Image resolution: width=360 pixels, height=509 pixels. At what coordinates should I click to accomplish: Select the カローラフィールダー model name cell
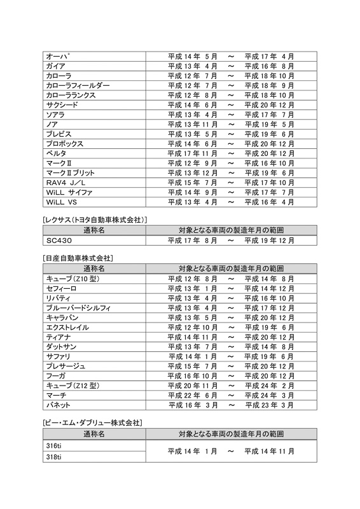pos(78,85)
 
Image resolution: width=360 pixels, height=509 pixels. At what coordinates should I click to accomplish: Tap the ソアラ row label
pos(55,115)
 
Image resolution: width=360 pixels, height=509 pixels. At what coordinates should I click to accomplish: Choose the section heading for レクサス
pos(94,220)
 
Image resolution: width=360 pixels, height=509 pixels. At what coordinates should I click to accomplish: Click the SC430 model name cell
pos(60,241)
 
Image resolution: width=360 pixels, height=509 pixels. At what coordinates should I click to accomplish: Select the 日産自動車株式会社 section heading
pos(77,259)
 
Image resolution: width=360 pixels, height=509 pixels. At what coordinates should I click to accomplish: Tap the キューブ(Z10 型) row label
pos(74,279)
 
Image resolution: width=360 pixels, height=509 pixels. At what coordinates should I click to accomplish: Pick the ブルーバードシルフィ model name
pos(78,308)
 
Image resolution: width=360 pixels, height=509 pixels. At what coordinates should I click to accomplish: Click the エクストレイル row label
pos(67,327)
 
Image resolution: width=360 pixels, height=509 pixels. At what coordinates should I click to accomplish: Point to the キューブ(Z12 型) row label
pos(74,386)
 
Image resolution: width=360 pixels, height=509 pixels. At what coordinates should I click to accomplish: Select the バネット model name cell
pos(59,405)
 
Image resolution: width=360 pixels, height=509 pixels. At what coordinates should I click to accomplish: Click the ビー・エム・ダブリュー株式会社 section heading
pos(92,422)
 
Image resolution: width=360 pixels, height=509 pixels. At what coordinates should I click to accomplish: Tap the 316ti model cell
pos(53,445)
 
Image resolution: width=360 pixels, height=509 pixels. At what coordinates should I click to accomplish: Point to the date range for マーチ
pos(231,395)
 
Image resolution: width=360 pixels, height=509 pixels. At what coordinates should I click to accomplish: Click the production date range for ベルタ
pos(231,153)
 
